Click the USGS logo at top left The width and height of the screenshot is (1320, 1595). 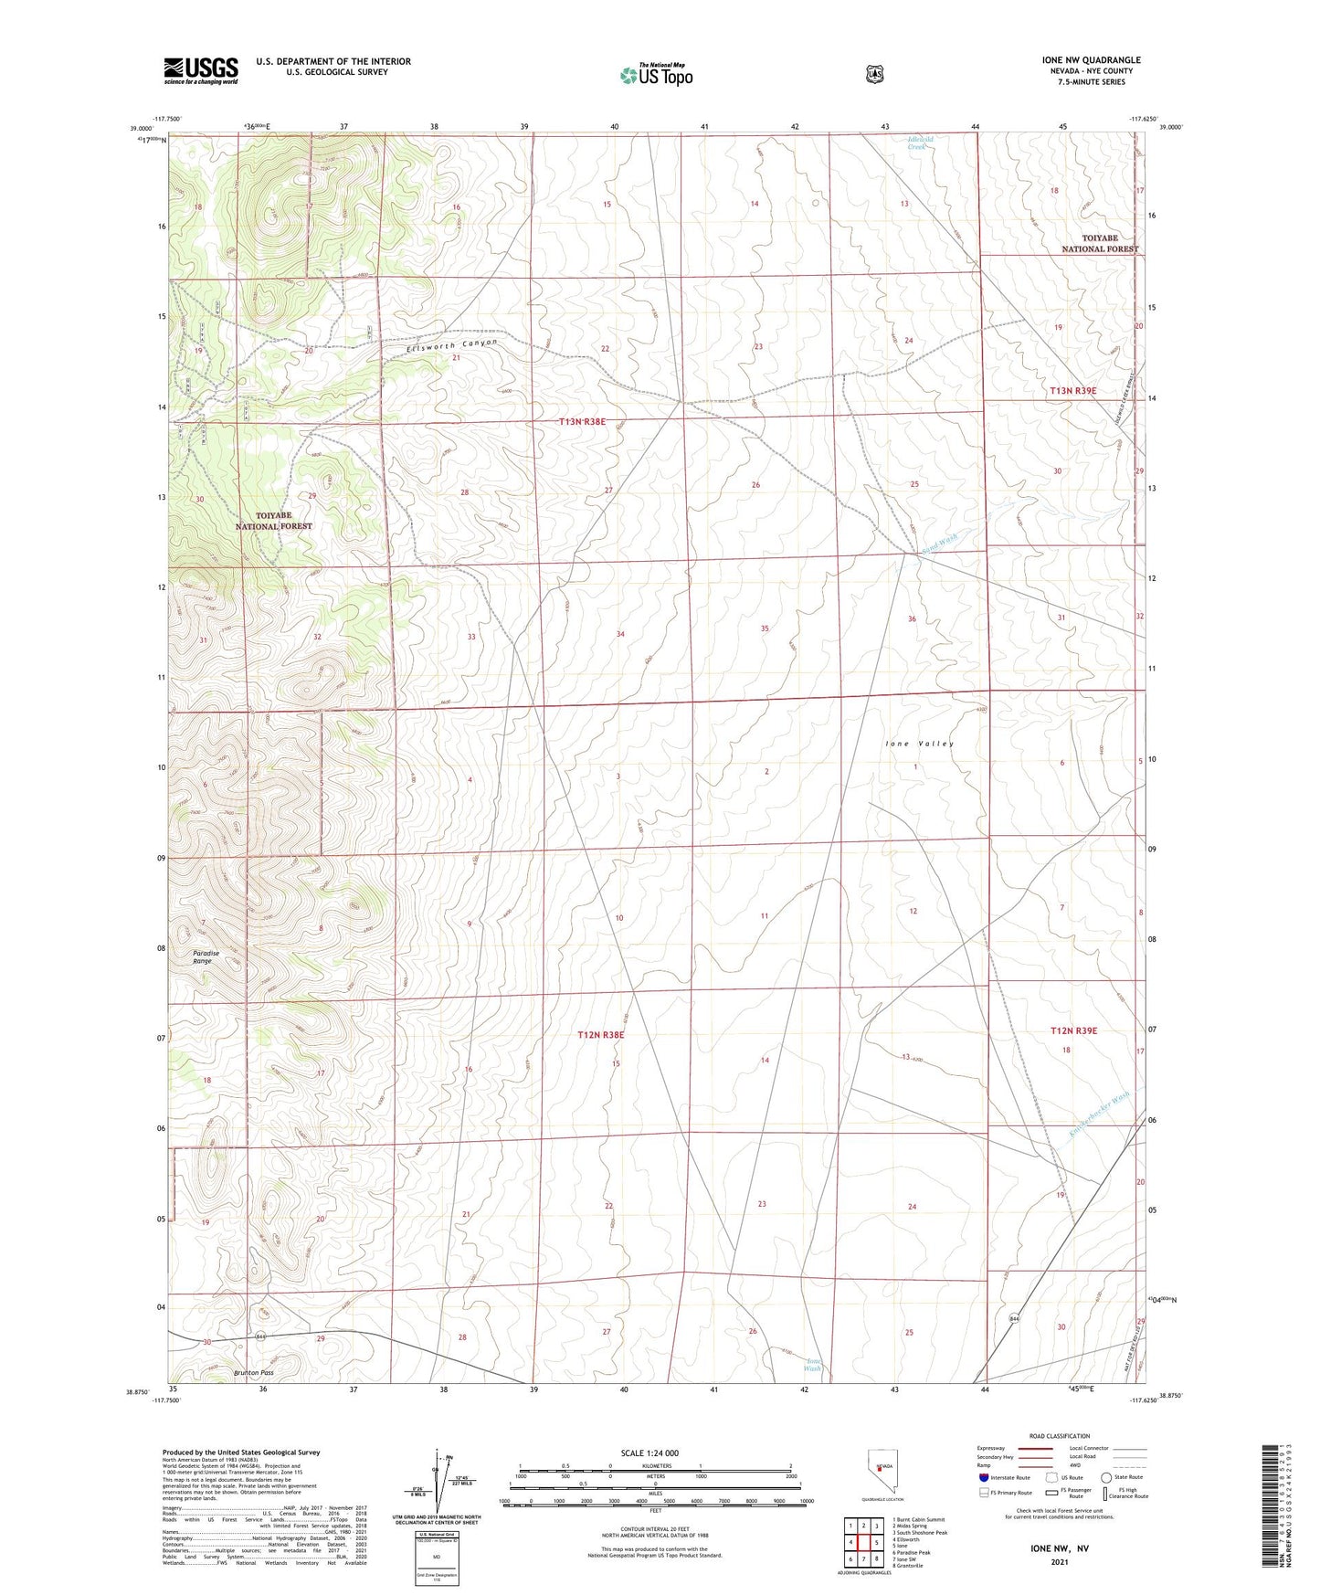point(200,70)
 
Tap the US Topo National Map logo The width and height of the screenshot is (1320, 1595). point(655,75)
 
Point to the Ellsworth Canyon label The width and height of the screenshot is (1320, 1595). point(452,345)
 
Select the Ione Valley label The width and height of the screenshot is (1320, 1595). point(919,744)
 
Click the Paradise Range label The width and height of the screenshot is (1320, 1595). point(206,957)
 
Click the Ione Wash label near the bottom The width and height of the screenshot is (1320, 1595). point(812,1365)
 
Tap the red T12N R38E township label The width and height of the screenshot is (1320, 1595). point(600,1035)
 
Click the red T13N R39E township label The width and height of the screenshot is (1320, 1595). point(1072,391)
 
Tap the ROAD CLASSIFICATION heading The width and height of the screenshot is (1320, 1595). point(1059,1436)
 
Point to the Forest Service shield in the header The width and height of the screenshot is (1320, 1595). point(875,74)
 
